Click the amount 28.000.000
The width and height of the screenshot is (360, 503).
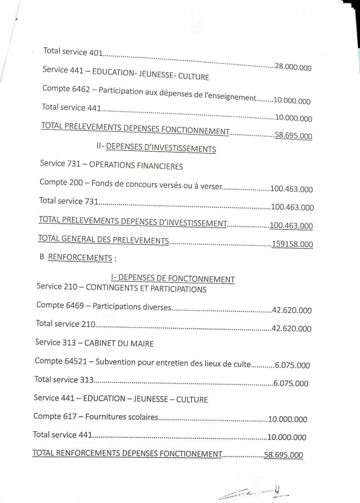[293, 67]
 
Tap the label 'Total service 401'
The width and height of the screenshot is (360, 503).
[73, 52]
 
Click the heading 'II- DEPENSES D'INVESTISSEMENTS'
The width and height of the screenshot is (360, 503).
[156, 149]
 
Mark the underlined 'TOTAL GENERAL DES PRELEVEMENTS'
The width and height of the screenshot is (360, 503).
[103, 240]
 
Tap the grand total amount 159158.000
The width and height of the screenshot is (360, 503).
[292, 244]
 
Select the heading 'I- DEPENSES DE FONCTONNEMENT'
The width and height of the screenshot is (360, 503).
[173, 279]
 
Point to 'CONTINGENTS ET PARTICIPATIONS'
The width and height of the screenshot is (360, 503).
[146, 289]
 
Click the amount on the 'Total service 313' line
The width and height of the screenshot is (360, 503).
[291, 383]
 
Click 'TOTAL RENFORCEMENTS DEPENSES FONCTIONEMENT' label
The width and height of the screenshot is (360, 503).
[127, 453]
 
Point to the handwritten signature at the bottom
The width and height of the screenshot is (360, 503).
[254, 493]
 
